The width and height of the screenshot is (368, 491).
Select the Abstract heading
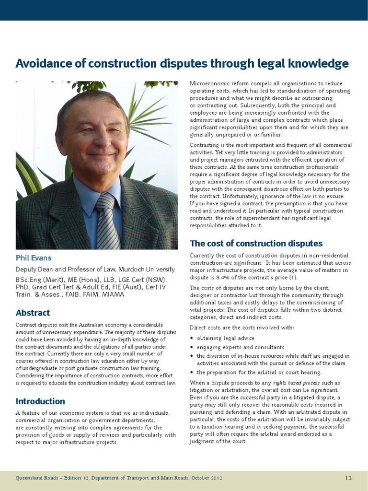coord(33,313)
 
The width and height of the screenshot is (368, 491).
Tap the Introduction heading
coord(40,401)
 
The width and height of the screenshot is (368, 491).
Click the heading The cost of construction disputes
coord(256,244)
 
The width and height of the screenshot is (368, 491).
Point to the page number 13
coord(348,478)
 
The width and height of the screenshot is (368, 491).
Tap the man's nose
coord(98,141)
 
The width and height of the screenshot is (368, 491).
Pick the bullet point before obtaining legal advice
coord(192,339)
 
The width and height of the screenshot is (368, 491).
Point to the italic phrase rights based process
coord(293,383)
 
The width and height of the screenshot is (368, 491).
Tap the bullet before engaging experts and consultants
coord(192,347)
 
